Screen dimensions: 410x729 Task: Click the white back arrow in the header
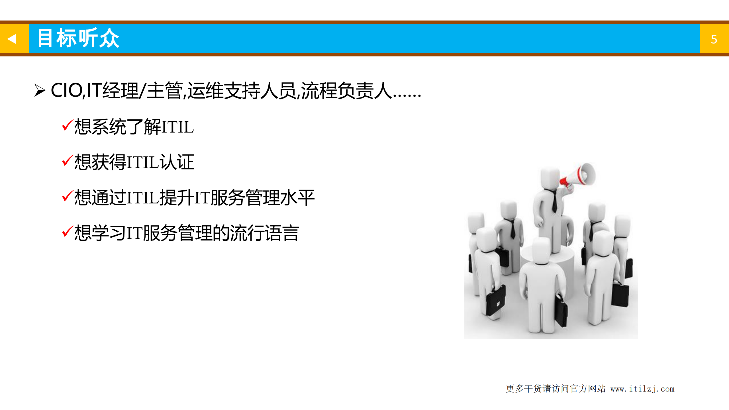click(12, 39)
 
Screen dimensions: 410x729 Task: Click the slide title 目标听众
click(78, 38)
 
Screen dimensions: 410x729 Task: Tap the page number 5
click(714, 39)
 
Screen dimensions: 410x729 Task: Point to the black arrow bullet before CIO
click(40, 91)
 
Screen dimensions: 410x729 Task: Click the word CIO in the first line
click(66, 91)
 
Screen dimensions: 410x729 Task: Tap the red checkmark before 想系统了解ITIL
click(68, 125)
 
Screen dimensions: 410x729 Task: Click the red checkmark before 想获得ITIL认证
click(68, 161)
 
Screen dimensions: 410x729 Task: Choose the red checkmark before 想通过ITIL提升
click(68, 196)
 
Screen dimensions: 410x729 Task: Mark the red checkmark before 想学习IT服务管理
click(68, 232)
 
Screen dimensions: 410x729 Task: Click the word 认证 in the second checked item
click(177, 162)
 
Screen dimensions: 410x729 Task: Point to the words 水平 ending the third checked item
click(297, 197)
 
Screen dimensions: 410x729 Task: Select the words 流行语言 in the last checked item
click(264, 233)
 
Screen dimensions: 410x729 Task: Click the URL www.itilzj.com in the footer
click(642, 389)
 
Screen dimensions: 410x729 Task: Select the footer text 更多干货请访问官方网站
click(556, 389)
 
